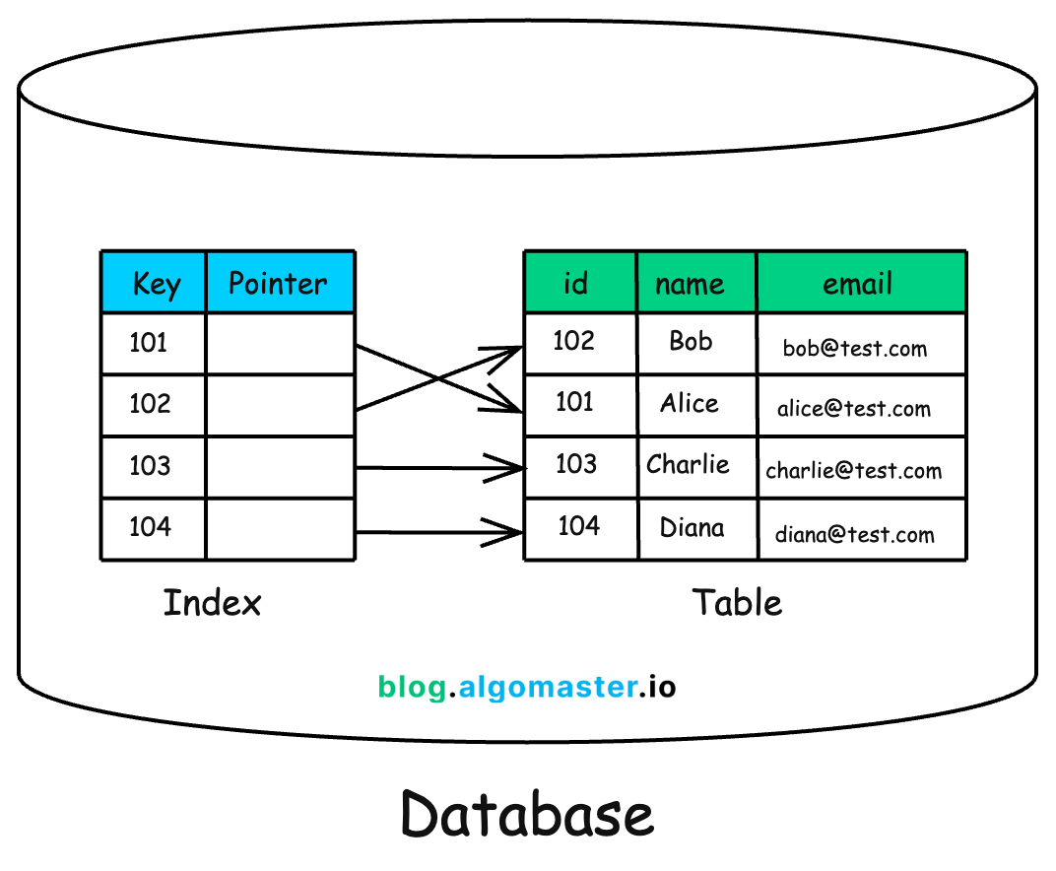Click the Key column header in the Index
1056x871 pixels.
pyautogui.click(x=155, y=284)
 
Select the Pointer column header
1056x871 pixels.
pyautogui.click(x=278, y=284)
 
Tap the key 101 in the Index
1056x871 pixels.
pyautogui.click(x=149, y=343)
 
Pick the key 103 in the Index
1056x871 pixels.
pyautogui.click(x=150, y=465)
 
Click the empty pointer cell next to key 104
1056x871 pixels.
pyautogui.click(x=280, y=529)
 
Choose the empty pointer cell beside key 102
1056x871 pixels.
pyautogui.click(x=280, y=405)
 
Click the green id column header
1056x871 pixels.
pyautogui.click(x=576, y=284)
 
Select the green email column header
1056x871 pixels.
pyautogui.click(x=858, y=284)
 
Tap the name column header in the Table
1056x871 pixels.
pyautogui.click(x=690, y=285)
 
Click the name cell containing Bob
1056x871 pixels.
pyautogui.click(x=691, y=341)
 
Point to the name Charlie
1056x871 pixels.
pyautogui.click(x=688, y=464)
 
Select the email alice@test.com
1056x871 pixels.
pyautogui.click(x=853, y=409)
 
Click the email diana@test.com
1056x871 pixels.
pyautogui.click(x=854, y=535)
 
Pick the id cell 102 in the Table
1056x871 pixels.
pyautogui.click(x=573, y=341)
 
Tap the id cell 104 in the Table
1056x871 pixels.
pyautogui.click(x=578, y=526)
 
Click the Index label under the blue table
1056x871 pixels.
pyautogui.click(x=212, y=602)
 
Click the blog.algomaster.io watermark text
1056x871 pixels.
pyautogui.click(x=527, y=687)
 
